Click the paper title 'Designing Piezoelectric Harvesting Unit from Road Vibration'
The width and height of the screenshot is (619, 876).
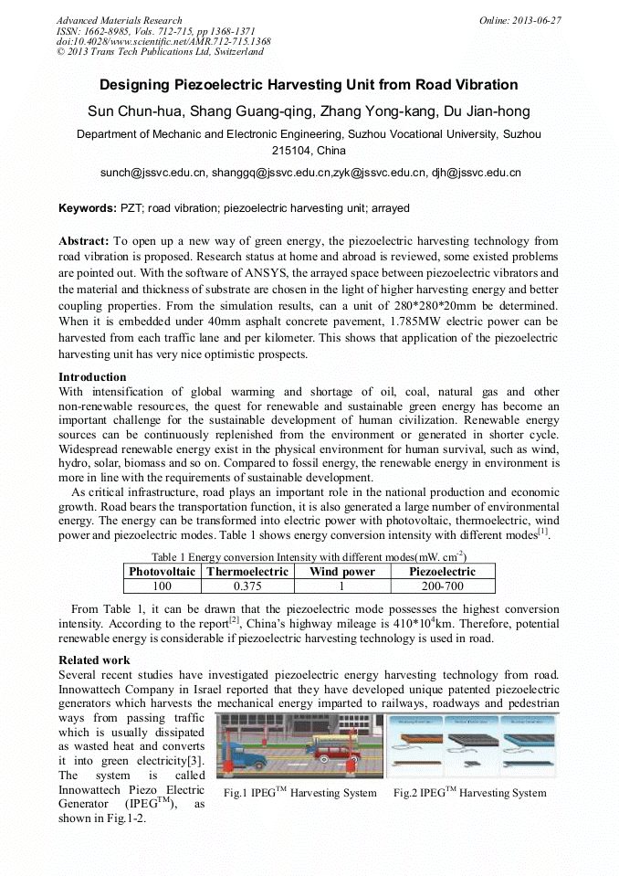309,85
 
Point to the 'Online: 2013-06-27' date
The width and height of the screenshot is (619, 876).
519,20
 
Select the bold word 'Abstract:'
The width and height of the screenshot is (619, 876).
84,241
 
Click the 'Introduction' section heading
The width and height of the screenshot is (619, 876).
92,377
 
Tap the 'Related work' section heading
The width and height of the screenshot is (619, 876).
94,660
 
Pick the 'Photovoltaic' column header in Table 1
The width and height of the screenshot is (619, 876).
162,571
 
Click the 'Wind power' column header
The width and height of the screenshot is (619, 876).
342,571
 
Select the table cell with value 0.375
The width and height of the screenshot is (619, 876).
247,586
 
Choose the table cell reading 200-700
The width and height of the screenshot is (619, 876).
443,586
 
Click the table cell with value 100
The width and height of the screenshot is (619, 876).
162,586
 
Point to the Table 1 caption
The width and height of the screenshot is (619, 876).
309,556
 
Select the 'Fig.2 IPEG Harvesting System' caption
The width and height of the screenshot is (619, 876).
469,793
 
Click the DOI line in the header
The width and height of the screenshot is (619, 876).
163,41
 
